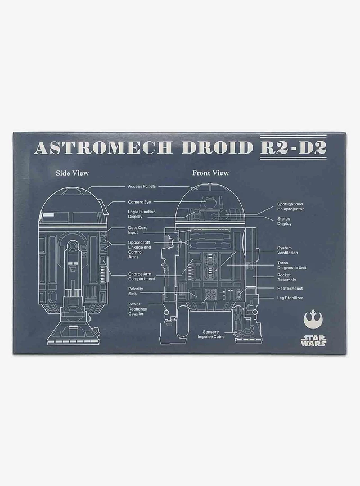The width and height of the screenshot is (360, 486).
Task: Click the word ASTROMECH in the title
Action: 103,148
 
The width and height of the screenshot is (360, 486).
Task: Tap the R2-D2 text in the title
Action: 293,148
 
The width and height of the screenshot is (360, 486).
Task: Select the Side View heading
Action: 72,173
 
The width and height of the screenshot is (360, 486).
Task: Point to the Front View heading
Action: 210,173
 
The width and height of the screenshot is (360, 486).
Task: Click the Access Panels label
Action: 142,186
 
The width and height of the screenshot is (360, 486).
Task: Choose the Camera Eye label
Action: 139,202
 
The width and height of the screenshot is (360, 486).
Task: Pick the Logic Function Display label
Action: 142,214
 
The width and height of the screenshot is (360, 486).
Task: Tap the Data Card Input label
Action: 138,230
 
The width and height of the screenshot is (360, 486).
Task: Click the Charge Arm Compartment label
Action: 141,277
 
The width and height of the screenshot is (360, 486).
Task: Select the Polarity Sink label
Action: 136,291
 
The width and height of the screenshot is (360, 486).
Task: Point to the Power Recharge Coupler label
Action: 138,309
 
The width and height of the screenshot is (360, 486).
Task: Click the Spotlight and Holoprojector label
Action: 291,206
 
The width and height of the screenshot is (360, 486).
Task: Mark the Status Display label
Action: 284,221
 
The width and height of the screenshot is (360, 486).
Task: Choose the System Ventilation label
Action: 287,250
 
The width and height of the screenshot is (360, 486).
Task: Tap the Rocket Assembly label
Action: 287,277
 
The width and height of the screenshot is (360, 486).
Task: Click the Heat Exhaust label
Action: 290,289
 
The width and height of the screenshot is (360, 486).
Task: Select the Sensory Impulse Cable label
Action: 211,335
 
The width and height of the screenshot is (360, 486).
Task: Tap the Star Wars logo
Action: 313,340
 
